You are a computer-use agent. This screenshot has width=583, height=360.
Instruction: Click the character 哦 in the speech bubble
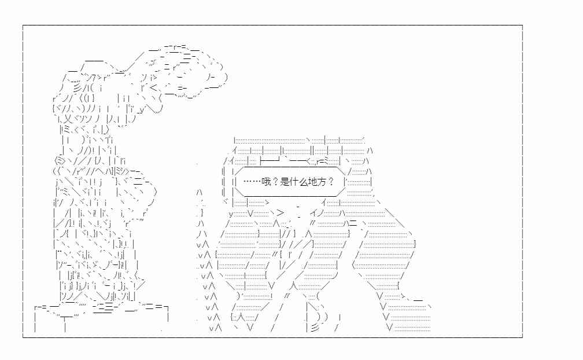(x=266, y=182)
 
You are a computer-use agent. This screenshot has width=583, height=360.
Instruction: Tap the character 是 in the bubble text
(x=285, y=182)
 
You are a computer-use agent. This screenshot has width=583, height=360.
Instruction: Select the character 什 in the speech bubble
(x=294, y=182)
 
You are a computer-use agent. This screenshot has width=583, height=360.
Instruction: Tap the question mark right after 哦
(x=275, y=182)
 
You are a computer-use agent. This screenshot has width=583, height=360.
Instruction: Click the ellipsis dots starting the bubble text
(x=252, y=182)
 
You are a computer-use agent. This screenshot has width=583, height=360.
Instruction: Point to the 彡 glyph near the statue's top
(x=78, y=88)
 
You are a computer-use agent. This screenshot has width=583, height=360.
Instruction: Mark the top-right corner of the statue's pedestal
(x=168, y=307)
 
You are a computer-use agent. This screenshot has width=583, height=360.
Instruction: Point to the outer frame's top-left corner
(x=23, y=25)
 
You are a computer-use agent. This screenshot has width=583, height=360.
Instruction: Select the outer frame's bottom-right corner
(x=522, y=337)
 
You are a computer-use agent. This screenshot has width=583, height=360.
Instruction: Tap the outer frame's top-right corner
(x=522, y=25)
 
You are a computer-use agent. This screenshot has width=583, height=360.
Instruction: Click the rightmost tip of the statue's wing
(x=227, y=78)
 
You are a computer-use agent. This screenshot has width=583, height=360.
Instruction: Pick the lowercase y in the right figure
(x=231, y=214)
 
